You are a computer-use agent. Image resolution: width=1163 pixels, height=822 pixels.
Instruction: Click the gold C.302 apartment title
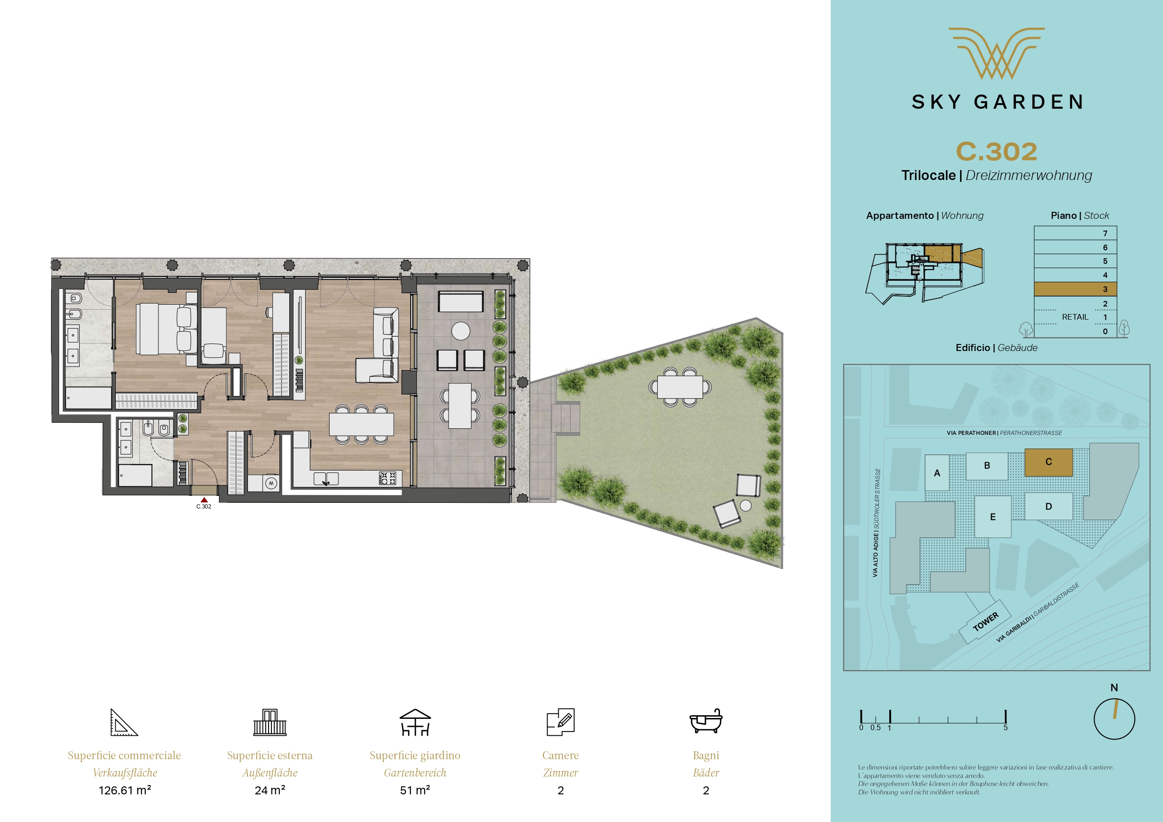click(x=996, y=151)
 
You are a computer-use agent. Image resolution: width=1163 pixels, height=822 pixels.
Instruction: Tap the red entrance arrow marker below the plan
click(x=204, y=500)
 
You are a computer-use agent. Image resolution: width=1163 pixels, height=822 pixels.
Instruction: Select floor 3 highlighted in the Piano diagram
click(x=1075, y=289)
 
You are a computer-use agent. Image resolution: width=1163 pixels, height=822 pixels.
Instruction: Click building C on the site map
click(x=1049, y=462)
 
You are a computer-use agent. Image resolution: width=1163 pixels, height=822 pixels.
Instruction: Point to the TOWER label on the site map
click(x=985, y=621)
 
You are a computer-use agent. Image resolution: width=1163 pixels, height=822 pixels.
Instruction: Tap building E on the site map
click(x=993, y=516)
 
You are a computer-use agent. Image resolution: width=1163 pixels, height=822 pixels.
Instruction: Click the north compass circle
click(x=1114, y=719)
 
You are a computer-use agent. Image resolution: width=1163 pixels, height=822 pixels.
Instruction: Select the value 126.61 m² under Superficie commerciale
click(x=125, y=790)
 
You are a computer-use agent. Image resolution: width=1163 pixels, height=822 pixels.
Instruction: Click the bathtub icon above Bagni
click(x=705, y=721)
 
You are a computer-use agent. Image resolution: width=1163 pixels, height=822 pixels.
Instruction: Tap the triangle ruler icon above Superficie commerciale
click(x=124, y=722)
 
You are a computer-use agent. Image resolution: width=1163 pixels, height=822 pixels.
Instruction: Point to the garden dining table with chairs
click(x=680, y=387)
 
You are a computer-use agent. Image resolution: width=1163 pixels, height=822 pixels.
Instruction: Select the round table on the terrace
click(x=461, y=331)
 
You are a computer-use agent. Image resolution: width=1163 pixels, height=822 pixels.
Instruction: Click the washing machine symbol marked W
click(x=271, y=483)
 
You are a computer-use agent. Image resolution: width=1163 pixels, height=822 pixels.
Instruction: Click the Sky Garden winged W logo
click(x=996, y=53)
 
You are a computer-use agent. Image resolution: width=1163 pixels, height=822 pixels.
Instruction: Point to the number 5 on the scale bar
click(x=1005, y=728)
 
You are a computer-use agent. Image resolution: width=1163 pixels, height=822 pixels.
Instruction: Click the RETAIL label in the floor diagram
click(x=1075, y=317)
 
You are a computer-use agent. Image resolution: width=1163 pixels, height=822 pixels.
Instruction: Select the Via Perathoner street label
click(x=972, y=433)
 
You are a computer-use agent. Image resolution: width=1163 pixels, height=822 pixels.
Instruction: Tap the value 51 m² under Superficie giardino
click(x=415, y=790)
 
